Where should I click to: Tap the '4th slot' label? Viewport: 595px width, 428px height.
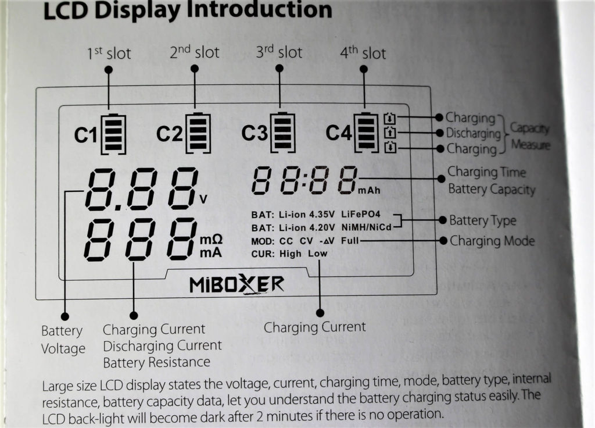363,53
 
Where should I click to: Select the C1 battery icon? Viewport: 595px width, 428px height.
113,134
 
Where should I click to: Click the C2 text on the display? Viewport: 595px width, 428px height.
169,134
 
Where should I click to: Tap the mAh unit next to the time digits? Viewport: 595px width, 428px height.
370,190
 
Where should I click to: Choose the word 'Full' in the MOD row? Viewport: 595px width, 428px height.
350,240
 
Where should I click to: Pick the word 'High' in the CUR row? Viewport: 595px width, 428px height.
290,254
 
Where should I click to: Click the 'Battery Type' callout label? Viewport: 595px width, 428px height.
482,221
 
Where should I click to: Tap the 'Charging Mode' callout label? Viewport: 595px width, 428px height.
492,241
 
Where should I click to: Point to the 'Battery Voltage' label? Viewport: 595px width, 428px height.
63,340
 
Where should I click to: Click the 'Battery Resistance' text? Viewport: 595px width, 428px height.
156,362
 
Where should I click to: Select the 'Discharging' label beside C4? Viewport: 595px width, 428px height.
472,133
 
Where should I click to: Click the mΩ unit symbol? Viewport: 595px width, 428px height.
212,240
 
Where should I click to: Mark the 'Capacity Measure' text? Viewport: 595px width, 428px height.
529,136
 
